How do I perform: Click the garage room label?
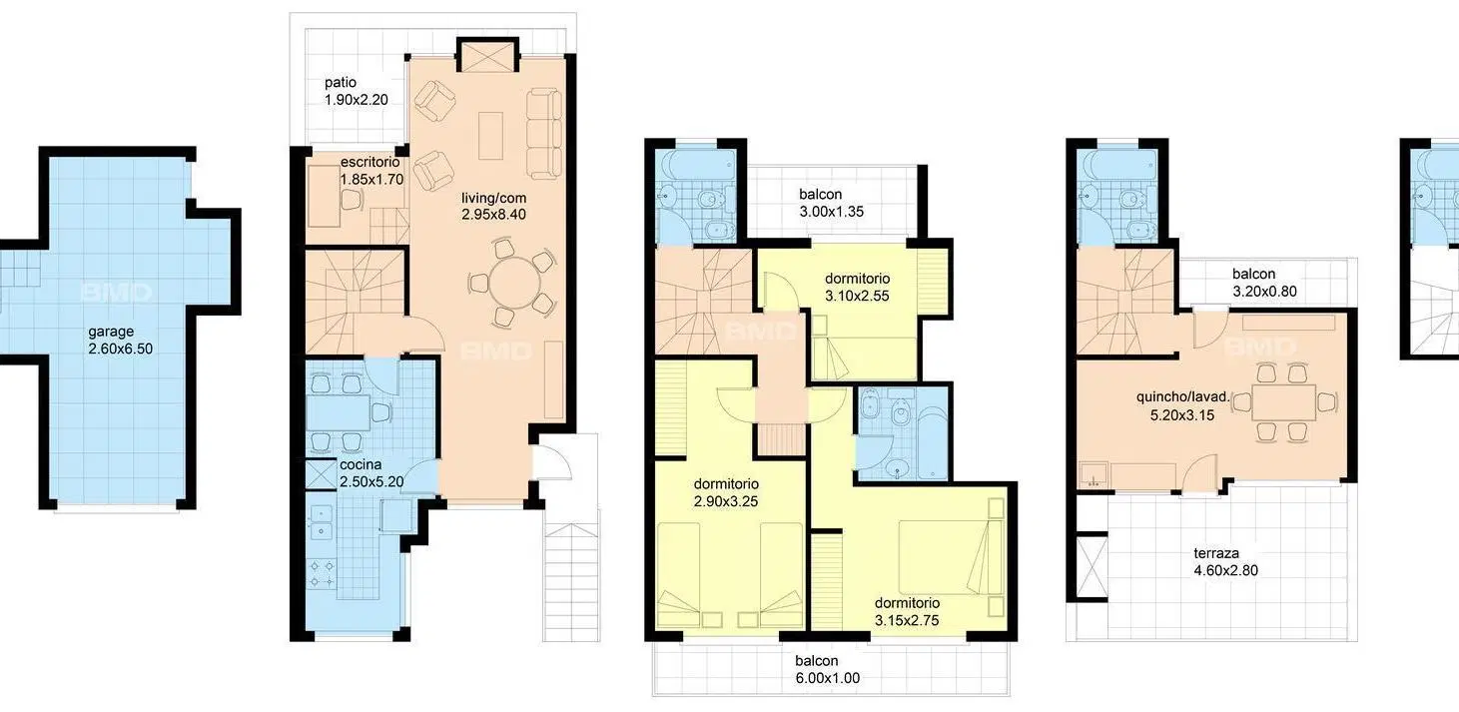pyautogui.click(x=112, y=332)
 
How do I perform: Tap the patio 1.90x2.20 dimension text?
pyautogui.click(x=357, y=100)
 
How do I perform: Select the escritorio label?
pyautogui.click(x=369, y=162)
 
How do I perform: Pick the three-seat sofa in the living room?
pyautogui.click(x=544, y=134)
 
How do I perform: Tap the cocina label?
pyautogui.click(x=361, y=464)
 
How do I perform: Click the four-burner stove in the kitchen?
pyautogui.click(x=322, y=573)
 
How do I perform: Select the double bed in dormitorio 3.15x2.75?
pyautogui.click(x=944, y=556)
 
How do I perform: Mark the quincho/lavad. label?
pyautogui.click(x=1182, y=396)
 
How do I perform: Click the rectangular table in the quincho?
pyautogui.click(x=1284, y=402)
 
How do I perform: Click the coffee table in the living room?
pyautogui.click(x=491, y=136)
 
